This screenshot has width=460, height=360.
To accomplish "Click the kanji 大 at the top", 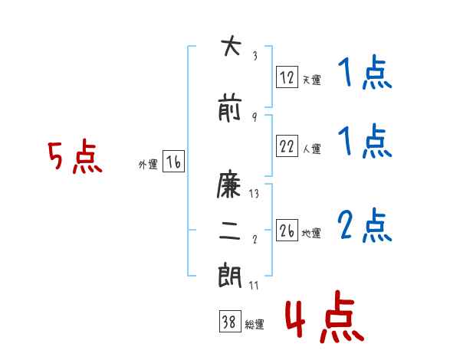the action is pos(231,45).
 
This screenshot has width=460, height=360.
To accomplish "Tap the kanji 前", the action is pos(230,107).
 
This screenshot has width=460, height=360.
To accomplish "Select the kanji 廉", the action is pos(228,184).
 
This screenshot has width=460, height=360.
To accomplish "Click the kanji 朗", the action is pos(230,275).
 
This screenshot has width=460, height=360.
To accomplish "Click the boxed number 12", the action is pos(287,77).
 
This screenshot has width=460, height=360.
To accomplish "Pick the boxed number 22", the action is pos(287,146).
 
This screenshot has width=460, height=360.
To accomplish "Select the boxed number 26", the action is pos(287,230).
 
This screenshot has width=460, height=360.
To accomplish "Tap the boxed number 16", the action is pos(173,162).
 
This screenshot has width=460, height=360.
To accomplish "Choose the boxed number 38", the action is pos(230,321).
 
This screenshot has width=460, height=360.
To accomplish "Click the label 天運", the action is pos(311,80).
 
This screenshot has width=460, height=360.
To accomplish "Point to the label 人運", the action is pos(311,149).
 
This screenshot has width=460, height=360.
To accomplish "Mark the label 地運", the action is pos(311,233).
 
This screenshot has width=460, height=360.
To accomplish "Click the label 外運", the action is pos(148,165).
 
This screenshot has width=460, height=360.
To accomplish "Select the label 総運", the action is pos(255,324).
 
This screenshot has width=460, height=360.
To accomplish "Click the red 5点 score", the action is pos(75,156).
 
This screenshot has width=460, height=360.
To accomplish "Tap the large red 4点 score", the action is pos(325,316).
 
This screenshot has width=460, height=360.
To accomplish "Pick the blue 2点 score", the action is pos(365,225).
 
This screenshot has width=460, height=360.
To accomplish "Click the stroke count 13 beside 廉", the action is pos(254,194).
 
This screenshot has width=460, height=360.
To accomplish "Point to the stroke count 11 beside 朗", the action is pos(254,285).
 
